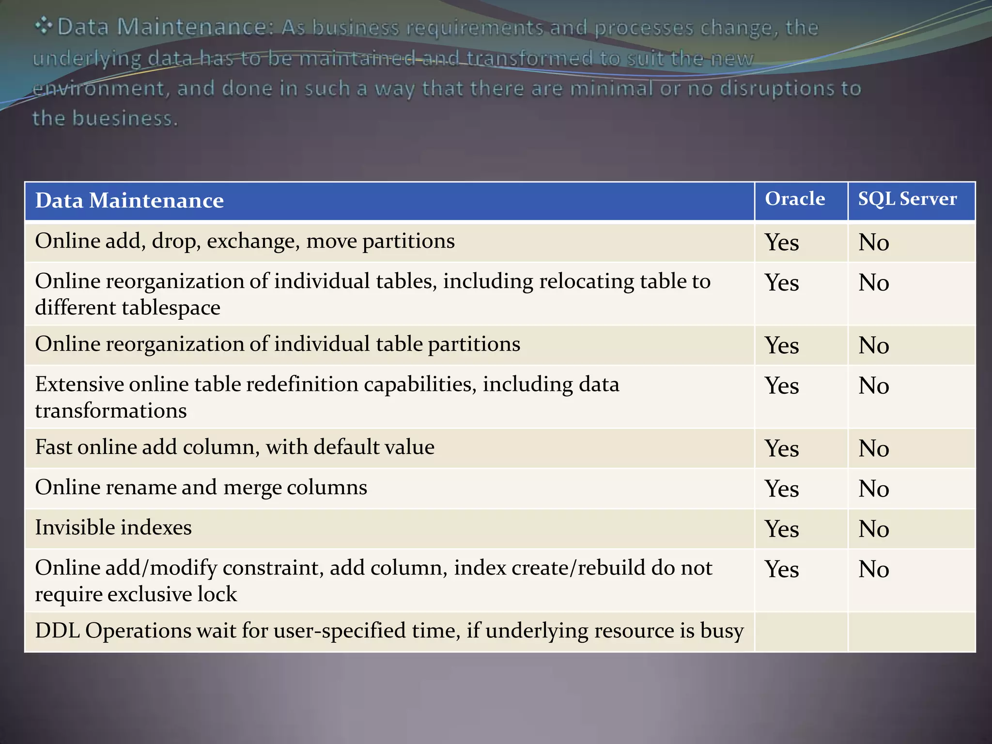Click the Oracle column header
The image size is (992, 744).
795,199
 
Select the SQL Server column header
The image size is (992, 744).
907,199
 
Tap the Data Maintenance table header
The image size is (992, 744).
129,201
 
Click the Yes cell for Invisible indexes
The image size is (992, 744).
782,529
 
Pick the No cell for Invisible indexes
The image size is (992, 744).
874,529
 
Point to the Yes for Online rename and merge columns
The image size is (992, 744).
782,489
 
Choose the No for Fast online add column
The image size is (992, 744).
874,449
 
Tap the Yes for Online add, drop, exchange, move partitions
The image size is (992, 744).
782,242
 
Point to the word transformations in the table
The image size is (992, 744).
111,411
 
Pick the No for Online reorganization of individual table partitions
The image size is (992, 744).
874,345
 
